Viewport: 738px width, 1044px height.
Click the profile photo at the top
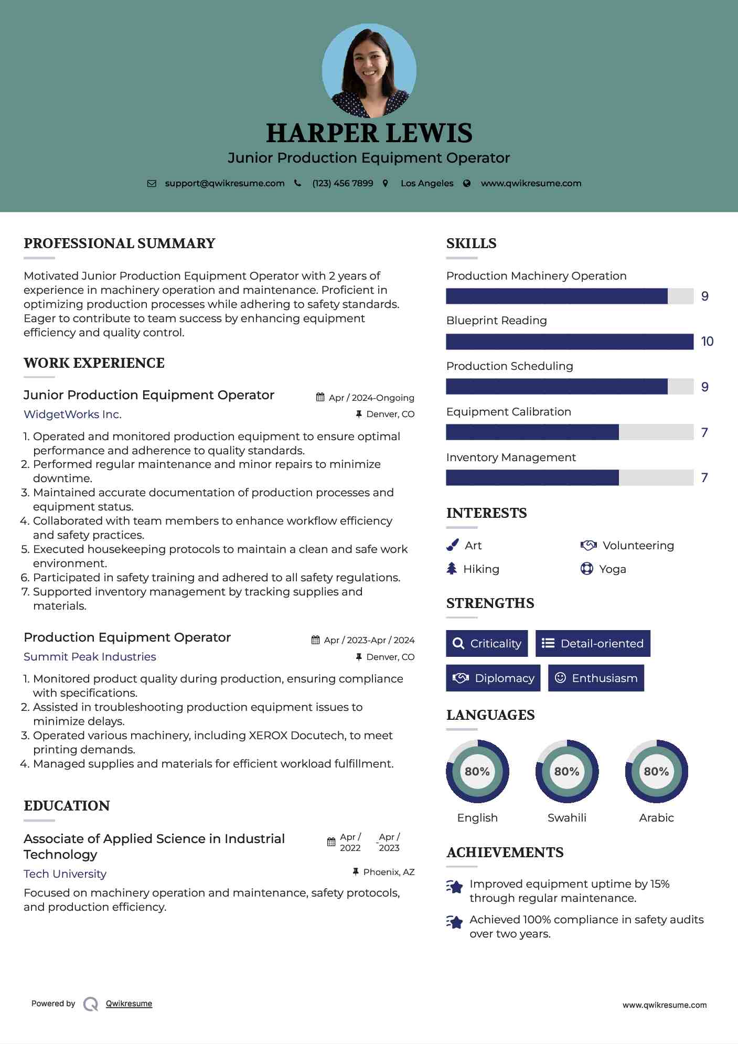click(x=369, y=70)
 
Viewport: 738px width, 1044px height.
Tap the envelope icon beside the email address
click(x=152, y=184)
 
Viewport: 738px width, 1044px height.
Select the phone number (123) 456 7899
click(x=343, y=184)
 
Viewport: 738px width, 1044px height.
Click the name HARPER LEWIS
click(x=369, y=133)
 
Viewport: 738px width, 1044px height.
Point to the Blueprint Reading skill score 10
click(x=707, y=342)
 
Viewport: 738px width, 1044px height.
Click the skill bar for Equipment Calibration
click(x=569, y=432)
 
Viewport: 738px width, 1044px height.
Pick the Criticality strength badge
click(x=487, y=644)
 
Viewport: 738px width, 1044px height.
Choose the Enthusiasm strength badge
click(x=596, y=678)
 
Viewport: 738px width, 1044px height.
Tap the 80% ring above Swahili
click(x=566, y=771)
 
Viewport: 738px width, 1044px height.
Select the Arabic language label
click(x=656, y=818)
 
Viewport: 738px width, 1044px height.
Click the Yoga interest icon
click(x=586, y=569)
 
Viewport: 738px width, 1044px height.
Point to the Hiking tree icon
click(x=452, y=569)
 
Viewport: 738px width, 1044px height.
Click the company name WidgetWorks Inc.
click(x=72, y=414)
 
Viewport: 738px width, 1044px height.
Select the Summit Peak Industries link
click(x=90, y=657)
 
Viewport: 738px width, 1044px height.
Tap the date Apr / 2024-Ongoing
click(x=371, y=398)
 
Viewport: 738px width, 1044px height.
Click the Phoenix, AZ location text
click(x=389, y=872)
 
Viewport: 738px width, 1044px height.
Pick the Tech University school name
click(x=65, y=874)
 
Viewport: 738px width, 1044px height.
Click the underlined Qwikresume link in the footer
click(x=129, y=1004)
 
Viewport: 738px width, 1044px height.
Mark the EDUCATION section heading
click(x=67, y=806)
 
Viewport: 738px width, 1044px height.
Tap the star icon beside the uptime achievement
click(x=455, y=887)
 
